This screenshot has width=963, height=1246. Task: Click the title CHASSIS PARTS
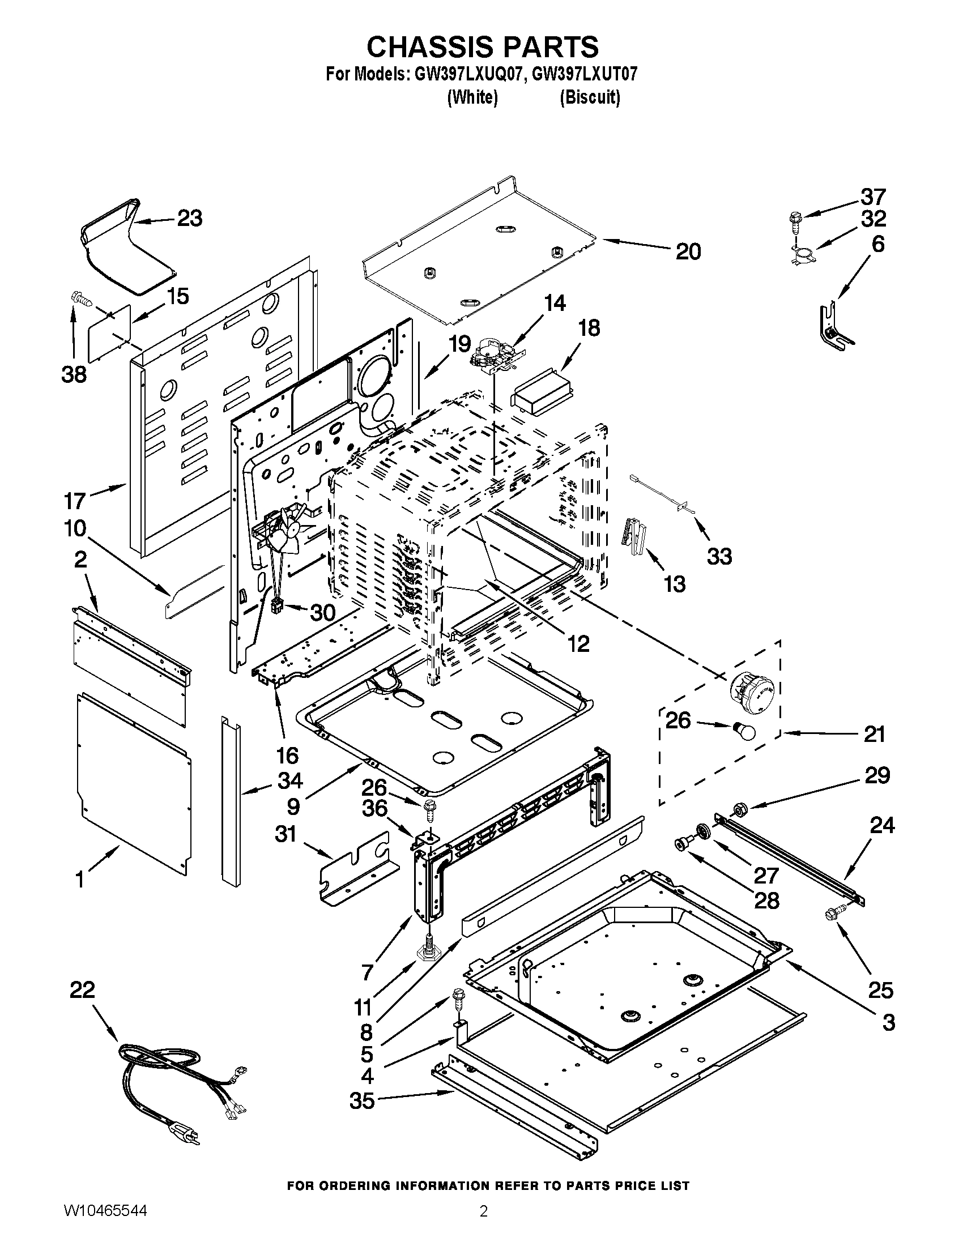click(482, 46)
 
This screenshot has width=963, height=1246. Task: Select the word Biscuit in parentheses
click(589, 97)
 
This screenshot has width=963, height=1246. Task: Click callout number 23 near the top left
click(189, 218)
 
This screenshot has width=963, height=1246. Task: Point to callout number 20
click(688, 251)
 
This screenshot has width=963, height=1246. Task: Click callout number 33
click(719, 556)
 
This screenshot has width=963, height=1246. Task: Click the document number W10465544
click(104, 1222)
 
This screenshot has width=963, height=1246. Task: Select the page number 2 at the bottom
click(483, 1223)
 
